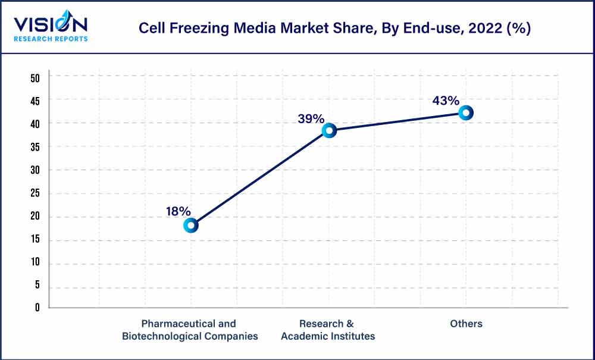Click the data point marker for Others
(x=466, y=112)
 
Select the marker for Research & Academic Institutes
(x=329, y=130)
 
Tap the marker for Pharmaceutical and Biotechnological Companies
(x=191, y=225)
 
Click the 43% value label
(x=446, y=101)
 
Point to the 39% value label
(x=311, y=119)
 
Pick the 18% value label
(x=178, y=211)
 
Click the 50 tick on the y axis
(x=35, y=77)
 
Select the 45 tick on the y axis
(x=35, y=101)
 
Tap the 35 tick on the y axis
(x=35, y=147)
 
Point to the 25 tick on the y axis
(x=35, y=193)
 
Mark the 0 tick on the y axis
(x=37, y=308)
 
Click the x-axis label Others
(x=466, y=324)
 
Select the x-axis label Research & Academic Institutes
(x=327, y=330)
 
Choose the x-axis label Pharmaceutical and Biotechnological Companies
(x=190, y=330)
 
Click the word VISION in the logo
(x=51, y=24)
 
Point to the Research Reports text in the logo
(x=51, y=39)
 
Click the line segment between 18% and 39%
(x=260, y=177)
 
